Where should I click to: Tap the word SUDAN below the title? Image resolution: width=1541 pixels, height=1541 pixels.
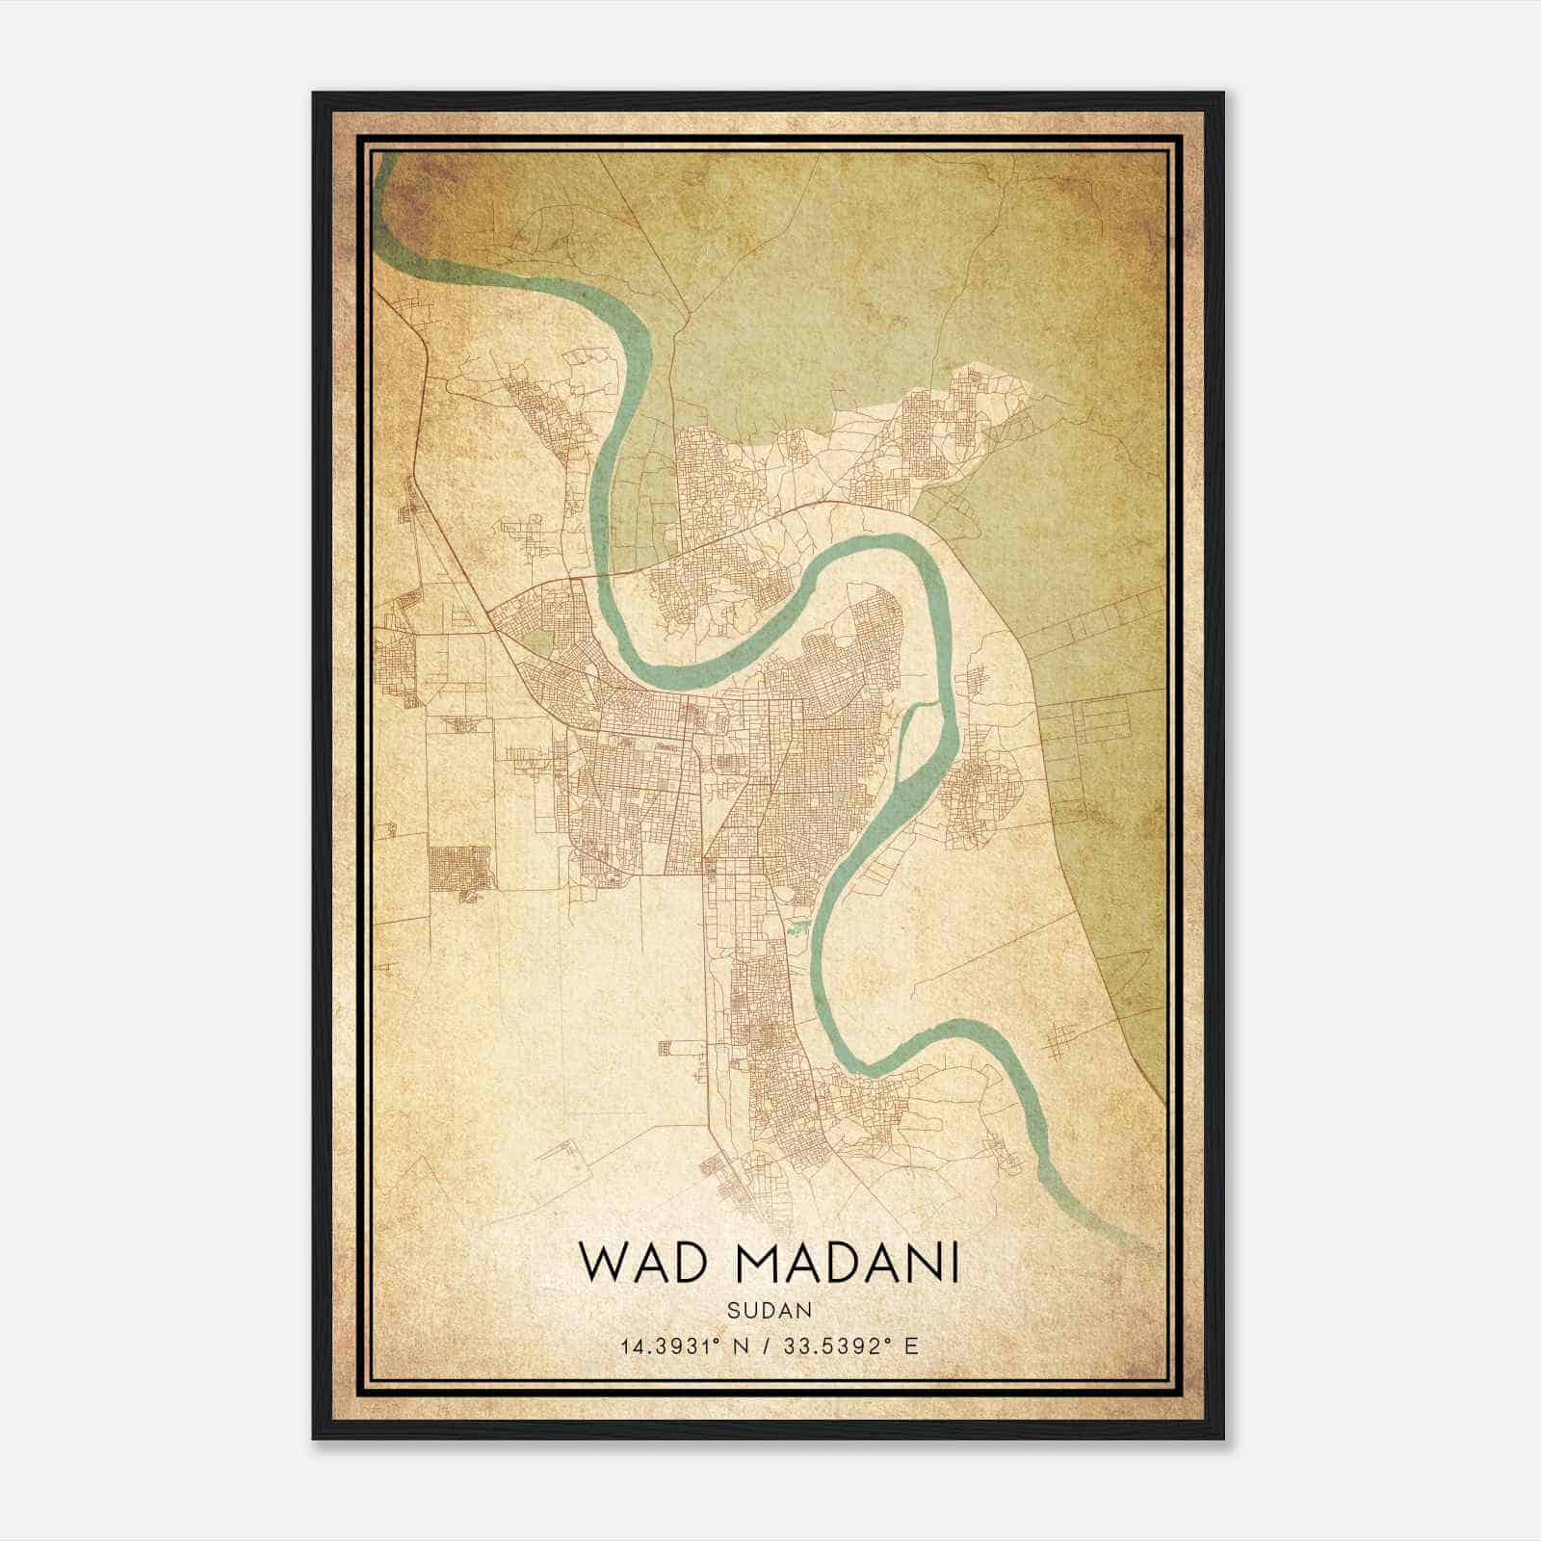[x=770, y=1311]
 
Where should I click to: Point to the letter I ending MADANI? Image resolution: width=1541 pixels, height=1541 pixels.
[x=954, y=1263]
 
